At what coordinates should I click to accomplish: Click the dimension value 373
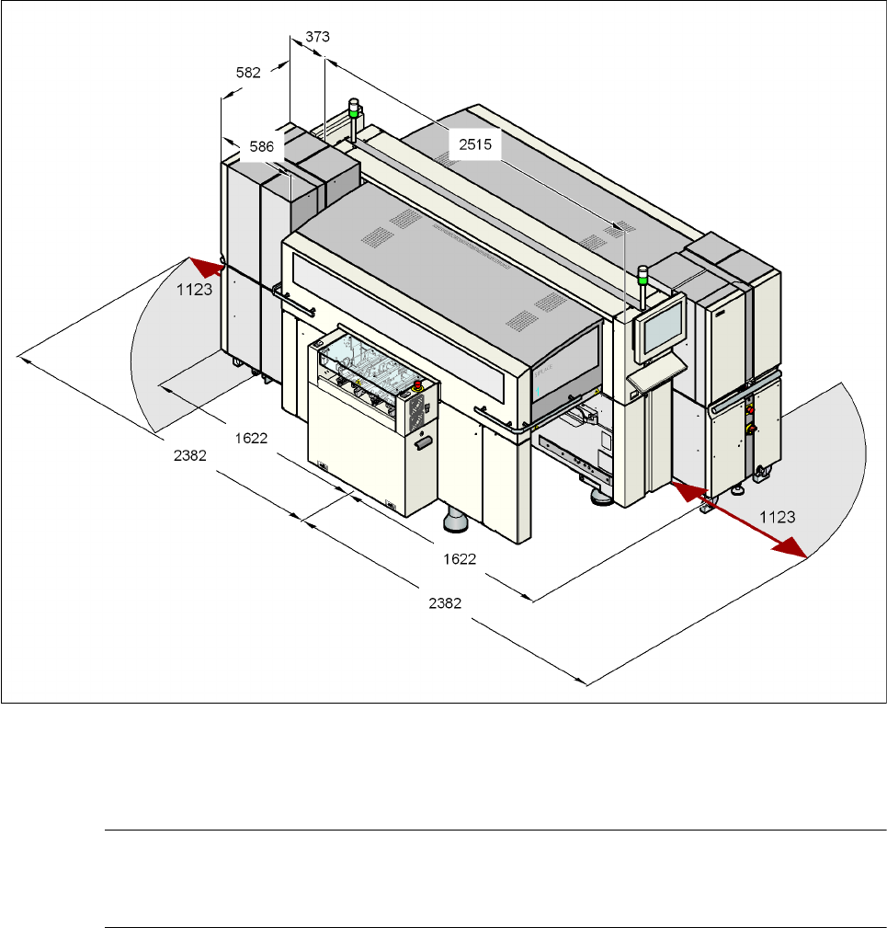(317, 37)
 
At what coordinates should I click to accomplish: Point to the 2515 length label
(473, 143)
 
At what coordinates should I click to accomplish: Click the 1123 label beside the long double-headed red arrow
(777, 518)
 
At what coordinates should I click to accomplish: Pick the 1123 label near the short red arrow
(195, 288)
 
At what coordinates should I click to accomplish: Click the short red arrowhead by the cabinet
(210, 268)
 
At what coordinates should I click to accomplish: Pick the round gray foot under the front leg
(457, 522)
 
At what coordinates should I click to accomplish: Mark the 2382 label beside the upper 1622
(189, 454)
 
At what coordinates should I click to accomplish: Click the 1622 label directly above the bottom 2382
(459, 557)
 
